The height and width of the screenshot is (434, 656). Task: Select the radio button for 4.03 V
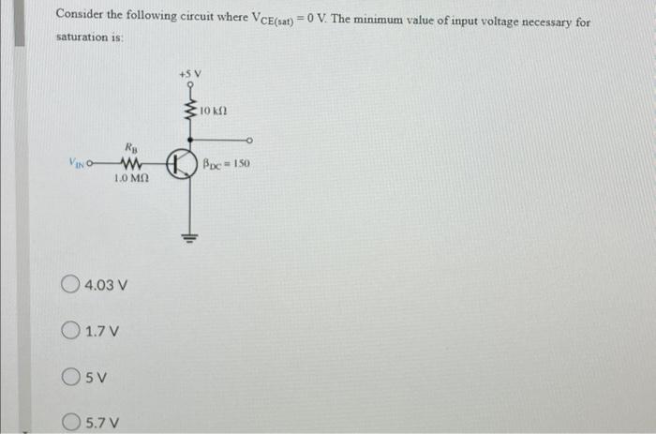pyautogui.click(x=71, y=283)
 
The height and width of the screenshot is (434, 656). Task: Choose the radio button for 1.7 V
pyautogui.click(x=71, y=330)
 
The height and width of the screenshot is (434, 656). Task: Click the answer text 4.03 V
pyautogui.click(x=105, y=284)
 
